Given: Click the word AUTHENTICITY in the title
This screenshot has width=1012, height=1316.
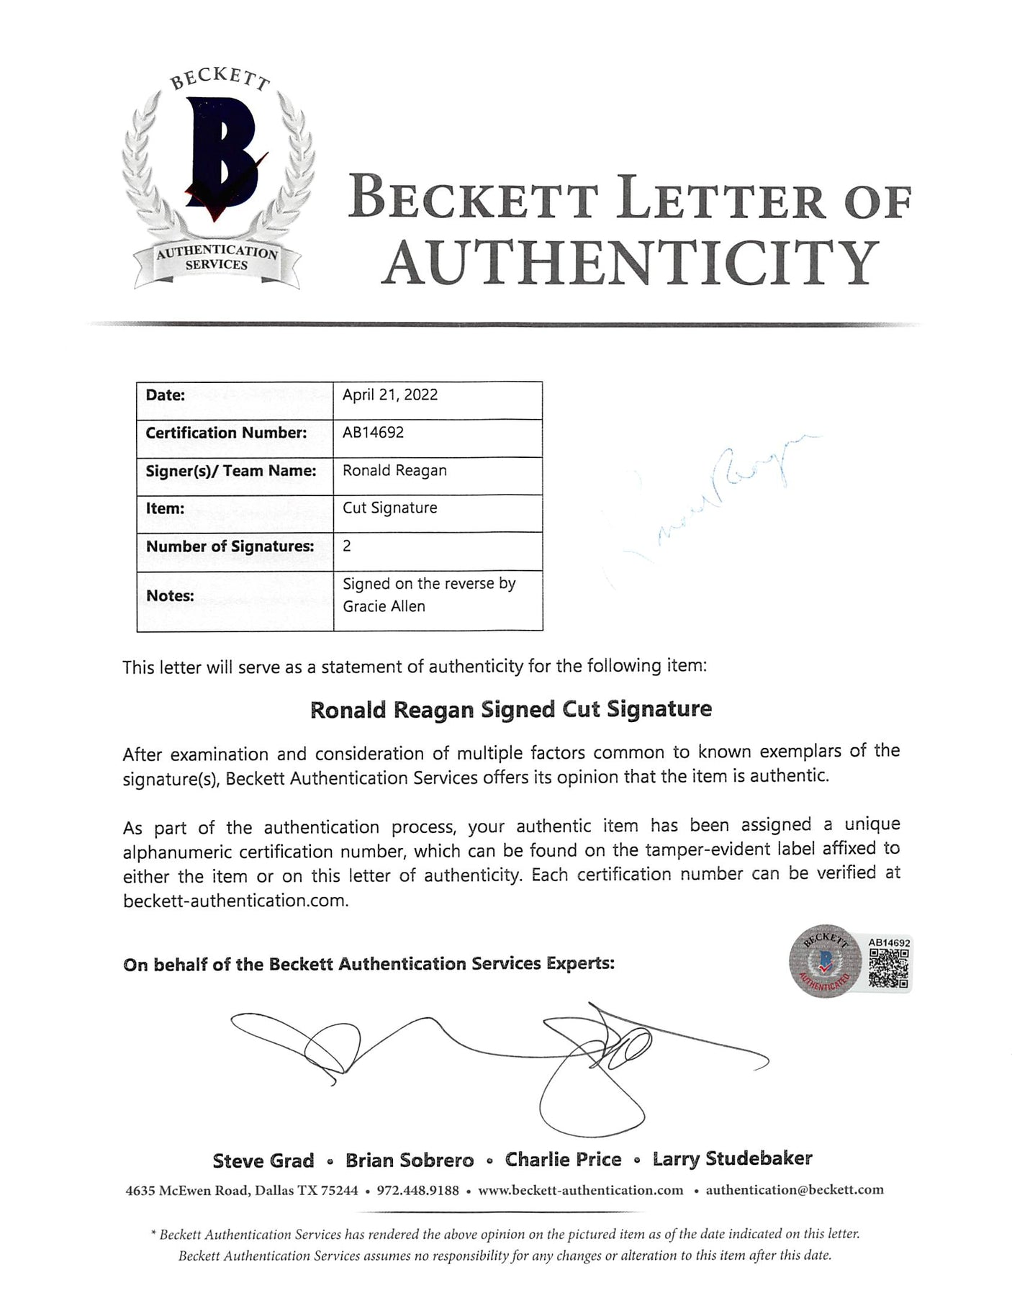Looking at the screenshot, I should tap(630, 263).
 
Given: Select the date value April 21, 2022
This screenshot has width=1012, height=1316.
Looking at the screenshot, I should tap(389, 395).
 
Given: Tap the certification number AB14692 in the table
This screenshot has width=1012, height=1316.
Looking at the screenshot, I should tap(373, 432).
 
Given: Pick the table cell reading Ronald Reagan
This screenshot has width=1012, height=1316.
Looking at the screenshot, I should tap(394, 470).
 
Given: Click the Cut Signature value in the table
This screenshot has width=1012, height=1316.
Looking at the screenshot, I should tap(389, 508).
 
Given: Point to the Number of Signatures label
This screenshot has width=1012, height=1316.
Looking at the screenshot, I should tap(230, 546).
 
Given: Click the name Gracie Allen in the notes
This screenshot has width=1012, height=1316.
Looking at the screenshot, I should tap(384, 606).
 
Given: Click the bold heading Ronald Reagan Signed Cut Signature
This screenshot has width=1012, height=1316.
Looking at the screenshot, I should tap(510, 709).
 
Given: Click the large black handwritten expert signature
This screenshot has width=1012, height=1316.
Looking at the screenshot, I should tap(497, 1051).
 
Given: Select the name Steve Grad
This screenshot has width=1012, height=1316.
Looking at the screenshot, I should tap(263, 1160).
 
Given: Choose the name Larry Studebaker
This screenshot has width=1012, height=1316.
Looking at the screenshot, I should tap(732, 1159).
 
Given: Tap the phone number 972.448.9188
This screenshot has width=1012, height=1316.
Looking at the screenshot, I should tap(417, 1190).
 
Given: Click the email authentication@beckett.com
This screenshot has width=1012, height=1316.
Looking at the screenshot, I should tap(794, 1189).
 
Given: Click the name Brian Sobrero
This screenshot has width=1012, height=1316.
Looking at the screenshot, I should tap(410, 1160).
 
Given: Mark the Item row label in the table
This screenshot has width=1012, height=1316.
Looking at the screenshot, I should tap(165, 508).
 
